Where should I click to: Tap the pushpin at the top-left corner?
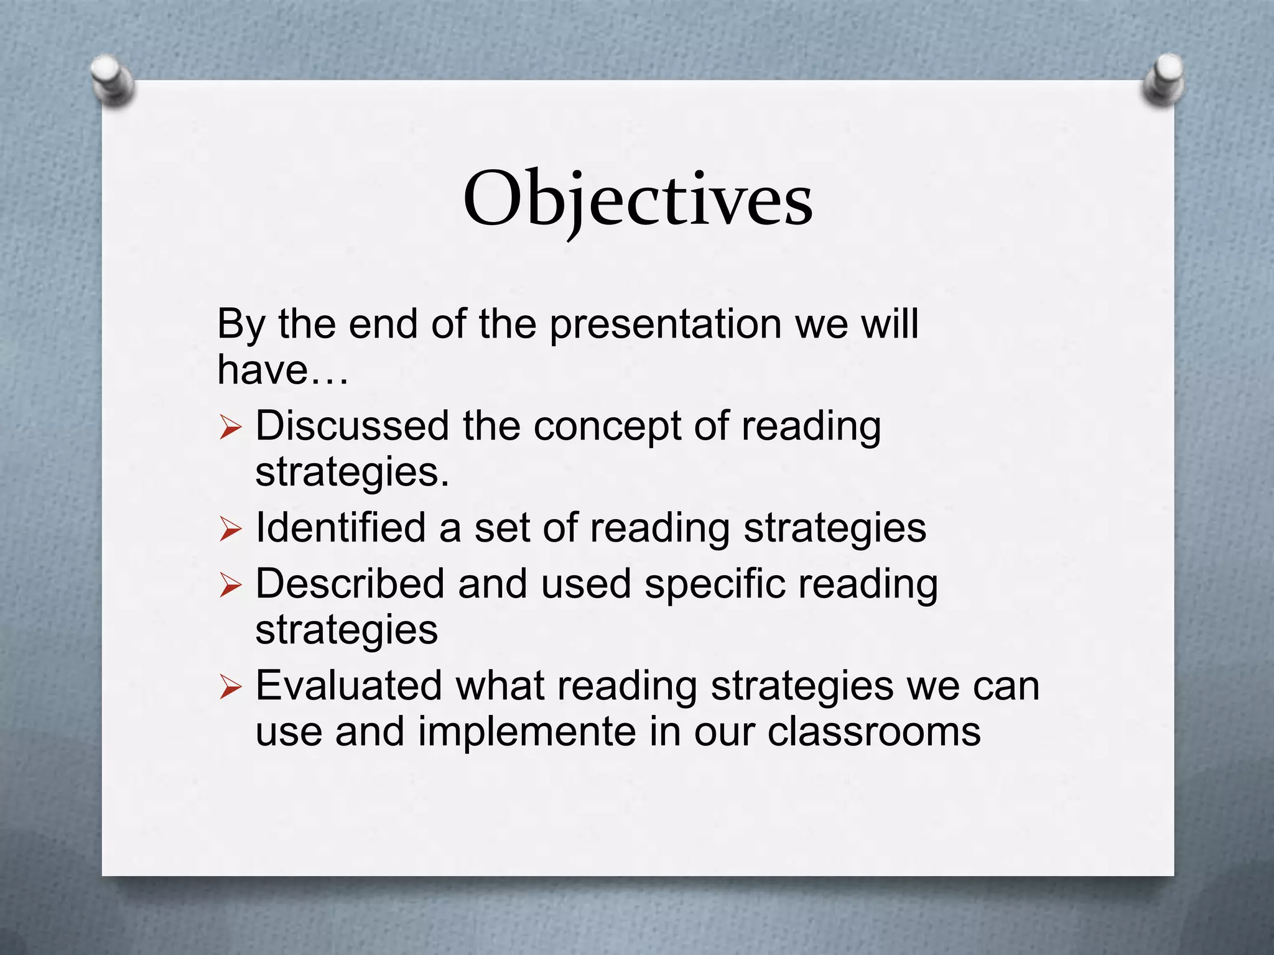[x=112, y=81]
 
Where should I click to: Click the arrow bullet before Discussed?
[x=230, y=428]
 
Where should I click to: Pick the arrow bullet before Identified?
[x=230, y=530]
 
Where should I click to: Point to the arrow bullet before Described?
[x=230, y=586]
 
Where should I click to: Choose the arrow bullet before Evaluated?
[x=230, y=688]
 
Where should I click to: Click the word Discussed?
[x=352, y=427]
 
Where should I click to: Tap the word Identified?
[x=340, y=528]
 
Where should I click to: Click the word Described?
[x=350, y=584]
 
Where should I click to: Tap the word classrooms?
[x=873, y=732]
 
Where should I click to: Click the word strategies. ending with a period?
[x=352, y=474]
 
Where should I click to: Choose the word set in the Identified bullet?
[x=501, y=528]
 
